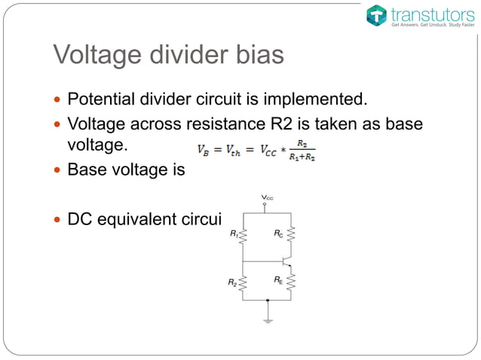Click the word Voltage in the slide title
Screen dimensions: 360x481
pos(96,56)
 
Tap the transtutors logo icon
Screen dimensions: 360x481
pos(376,15)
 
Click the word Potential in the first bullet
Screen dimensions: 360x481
pos(101,99)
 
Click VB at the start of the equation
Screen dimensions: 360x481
pos(204,149)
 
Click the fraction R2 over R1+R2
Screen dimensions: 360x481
pos(302,149)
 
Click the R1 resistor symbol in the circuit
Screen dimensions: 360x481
pos(243,235)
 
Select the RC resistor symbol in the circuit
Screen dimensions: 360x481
pos(291,235)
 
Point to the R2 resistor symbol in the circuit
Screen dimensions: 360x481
pos(243,282)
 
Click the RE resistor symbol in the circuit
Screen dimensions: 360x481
pos(291,282)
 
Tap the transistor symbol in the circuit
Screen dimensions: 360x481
pos(285,261)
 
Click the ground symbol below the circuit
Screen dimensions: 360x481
pos(268,319)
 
